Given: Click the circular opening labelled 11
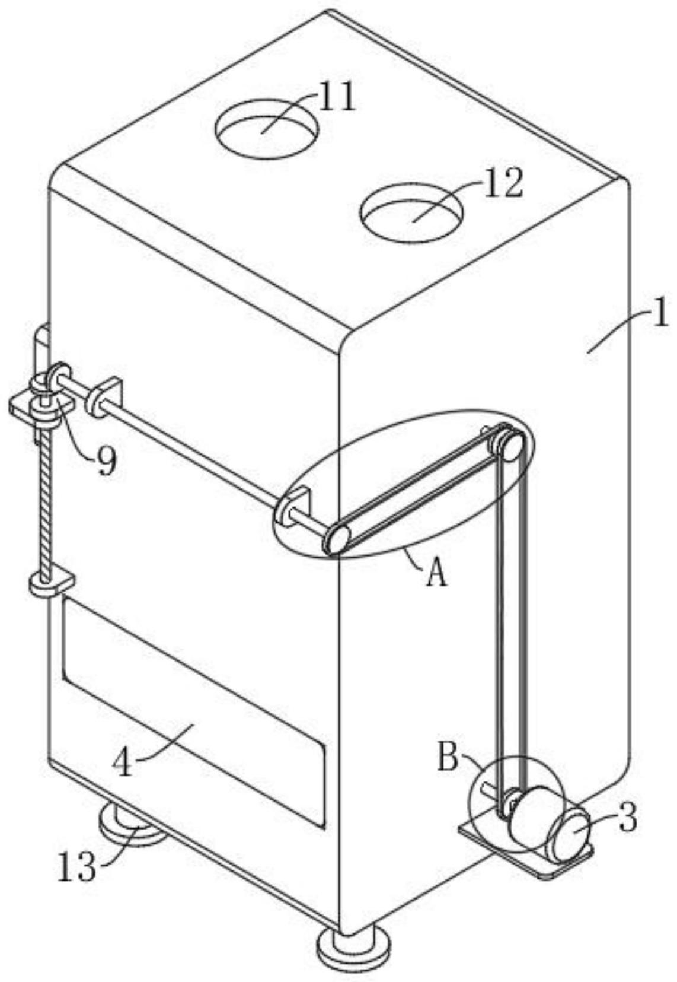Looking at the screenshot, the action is [266, 128].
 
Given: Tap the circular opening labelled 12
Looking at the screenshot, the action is [410, 212].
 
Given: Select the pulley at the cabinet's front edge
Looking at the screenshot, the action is [337, 540].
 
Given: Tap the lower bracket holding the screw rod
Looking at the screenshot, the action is [52, 581].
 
